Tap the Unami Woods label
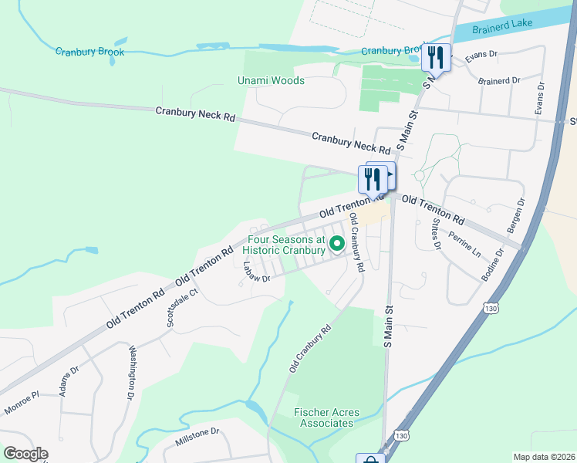(x=271, y=80)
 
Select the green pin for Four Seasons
(x=337, y=245)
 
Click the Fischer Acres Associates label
(x=327, y=417)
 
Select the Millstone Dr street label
(x=197, y=437)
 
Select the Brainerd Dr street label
(x=499, y=80)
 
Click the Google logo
(x=25, y=454)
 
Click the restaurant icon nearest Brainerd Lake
(x=435, y=57)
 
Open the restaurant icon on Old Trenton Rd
(x=373, y=179)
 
